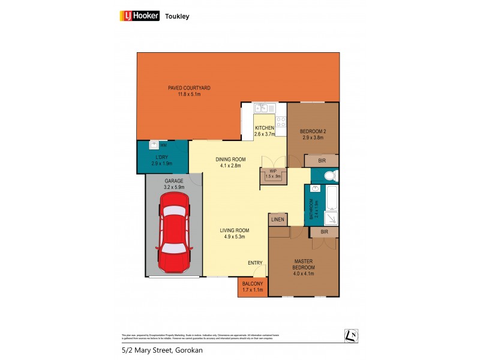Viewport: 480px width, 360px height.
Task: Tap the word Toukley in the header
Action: click(x=178, y=17)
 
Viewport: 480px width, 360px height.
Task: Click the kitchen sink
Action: click(x=261, y=109)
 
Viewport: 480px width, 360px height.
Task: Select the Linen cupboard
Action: click(x=278, y=220)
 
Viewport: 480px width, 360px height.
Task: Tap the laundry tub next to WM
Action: click(x=154, y=145)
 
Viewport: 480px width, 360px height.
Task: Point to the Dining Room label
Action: click(x=228, y=162)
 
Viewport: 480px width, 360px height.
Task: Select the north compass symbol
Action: click(x=352, y=335)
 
